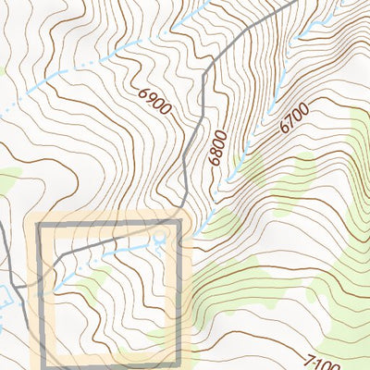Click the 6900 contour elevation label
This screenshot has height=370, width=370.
tap(155, 101)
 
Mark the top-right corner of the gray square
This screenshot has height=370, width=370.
tap(179, 224)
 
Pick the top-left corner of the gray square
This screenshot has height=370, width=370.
tap(39, 224)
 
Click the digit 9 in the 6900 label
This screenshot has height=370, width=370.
tap(151, 96)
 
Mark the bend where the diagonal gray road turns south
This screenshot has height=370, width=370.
tap(214, 57)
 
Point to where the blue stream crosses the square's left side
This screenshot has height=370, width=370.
tap(39, 294)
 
